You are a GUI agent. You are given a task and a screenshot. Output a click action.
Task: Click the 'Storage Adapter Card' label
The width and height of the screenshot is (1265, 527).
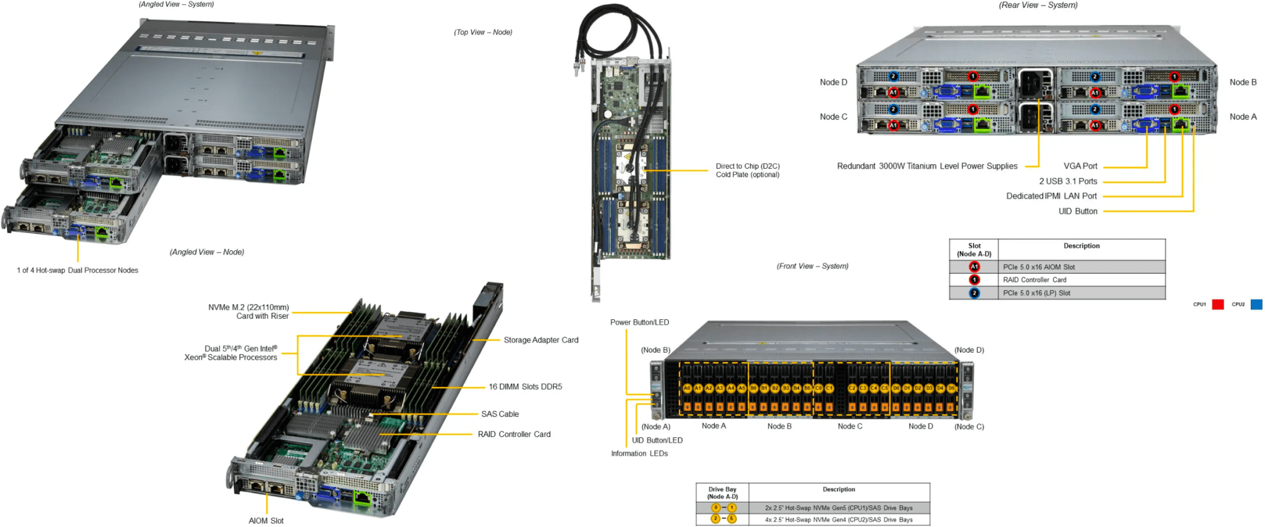pyautogui.click(x=540, y=340)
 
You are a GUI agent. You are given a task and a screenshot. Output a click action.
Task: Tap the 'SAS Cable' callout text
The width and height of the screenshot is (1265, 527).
pyautogui.click(x=500, y=414)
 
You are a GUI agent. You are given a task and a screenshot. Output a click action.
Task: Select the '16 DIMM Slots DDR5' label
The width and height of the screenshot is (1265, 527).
pyautogui.click(x=525, y=387)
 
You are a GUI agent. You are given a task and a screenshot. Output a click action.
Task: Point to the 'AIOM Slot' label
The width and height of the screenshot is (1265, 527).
pyautogui.click(x=266, y=521)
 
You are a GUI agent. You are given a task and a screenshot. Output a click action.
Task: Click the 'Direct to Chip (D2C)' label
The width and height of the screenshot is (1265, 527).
pyautogui.click(x=747, y=166)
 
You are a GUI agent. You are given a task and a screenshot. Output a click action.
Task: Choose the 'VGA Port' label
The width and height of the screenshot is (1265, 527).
pyautogui.click(x=1080, y=166)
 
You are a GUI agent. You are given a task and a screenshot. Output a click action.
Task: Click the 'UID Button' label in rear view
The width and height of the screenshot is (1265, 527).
pyautogui.click(x=1078, y=211)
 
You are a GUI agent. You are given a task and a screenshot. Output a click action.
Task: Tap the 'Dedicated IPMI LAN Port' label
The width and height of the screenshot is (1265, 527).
pyautogui.click(x=1051, y=196)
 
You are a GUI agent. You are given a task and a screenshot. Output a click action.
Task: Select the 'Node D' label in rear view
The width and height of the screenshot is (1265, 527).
pyautogui.click(x=833, y=82)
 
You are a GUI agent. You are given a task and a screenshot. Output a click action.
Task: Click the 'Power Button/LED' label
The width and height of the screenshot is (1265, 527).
pyautogui.click(x=639, y=323)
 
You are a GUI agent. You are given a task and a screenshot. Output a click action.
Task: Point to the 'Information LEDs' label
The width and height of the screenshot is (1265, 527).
pyautogui.click(x=639, y=453)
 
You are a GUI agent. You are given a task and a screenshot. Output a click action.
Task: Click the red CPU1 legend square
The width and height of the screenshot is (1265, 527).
pyautogui.click(x=1217, y=305)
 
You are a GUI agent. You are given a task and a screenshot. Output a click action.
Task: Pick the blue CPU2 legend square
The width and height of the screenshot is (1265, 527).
pyautogui.click(x=1256, y=305)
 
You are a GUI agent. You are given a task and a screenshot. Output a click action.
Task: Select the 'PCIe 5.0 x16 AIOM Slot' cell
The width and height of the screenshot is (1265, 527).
pyautogui.click(x=1039, y=267)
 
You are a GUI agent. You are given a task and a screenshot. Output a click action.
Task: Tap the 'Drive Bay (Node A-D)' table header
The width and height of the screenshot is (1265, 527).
pyautogui.click(x=722, y=492)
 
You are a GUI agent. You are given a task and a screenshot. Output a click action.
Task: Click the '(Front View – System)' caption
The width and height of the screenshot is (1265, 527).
pyautogui.click(x=812, y=266)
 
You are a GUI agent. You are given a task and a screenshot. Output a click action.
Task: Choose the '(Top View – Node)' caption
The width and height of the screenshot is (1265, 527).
pyautogui.click(x=483, y=32)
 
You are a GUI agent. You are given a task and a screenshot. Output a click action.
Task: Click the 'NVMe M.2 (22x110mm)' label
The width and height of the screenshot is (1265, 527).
pyautogui.click(x=248, y=307)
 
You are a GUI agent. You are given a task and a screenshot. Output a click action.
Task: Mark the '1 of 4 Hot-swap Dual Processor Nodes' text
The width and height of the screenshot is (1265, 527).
pyautogui.click(x=77, y=270)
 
